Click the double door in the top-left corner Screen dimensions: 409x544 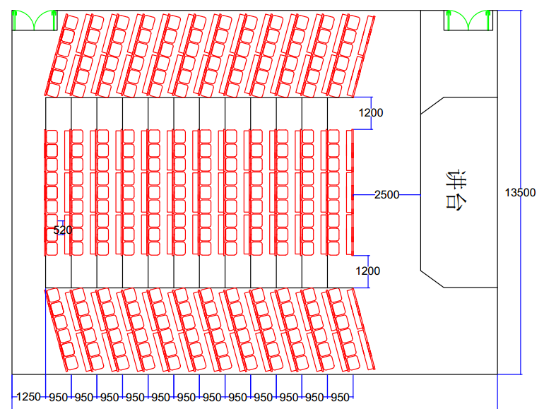(x=35, y=20)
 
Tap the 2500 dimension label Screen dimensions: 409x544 (x=386, y=194)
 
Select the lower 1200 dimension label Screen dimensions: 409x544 (x=367, y=271)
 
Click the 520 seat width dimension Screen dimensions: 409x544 (x=63, y=230)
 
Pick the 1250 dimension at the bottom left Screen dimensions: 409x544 (x=29, y=397)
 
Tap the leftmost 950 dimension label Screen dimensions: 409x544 (x=59, y=398)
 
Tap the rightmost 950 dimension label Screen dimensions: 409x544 (x=341, y=398)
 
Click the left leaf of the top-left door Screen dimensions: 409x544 (x=24, y=21)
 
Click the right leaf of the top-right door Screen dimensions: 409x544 (x=478, y=21)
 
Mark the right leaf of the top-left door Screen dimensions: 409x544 (x=45, y=21)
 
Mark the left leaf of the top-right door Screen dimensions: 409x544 (x=456, y=21)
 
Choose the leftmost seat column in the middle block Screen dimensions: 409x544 (x=52, y=192)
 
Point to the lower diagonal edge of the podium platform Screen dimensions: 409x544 (x=432, y=278)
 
